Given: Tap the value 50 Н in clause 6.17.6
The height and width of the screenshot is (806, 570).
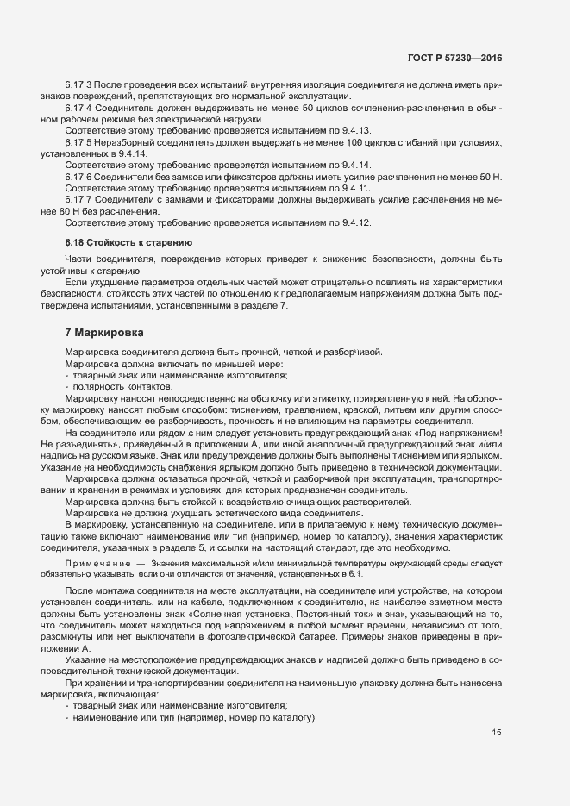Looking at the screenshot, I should (492, 176).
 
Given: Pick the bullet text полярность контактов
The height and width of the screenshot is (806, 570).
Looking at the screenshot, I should (106, 386).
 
